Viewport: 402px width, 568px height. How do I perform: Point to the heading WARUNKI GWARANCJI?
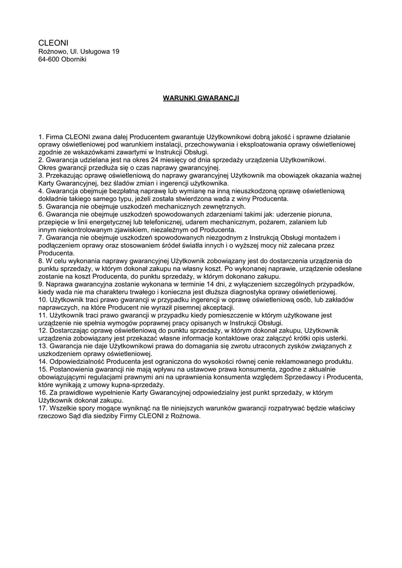pos(201,98)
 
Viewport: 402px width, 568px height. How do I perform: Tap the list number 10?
pos(43,300)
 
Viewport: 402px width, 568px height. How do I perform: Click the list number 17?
pos(43,408)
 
